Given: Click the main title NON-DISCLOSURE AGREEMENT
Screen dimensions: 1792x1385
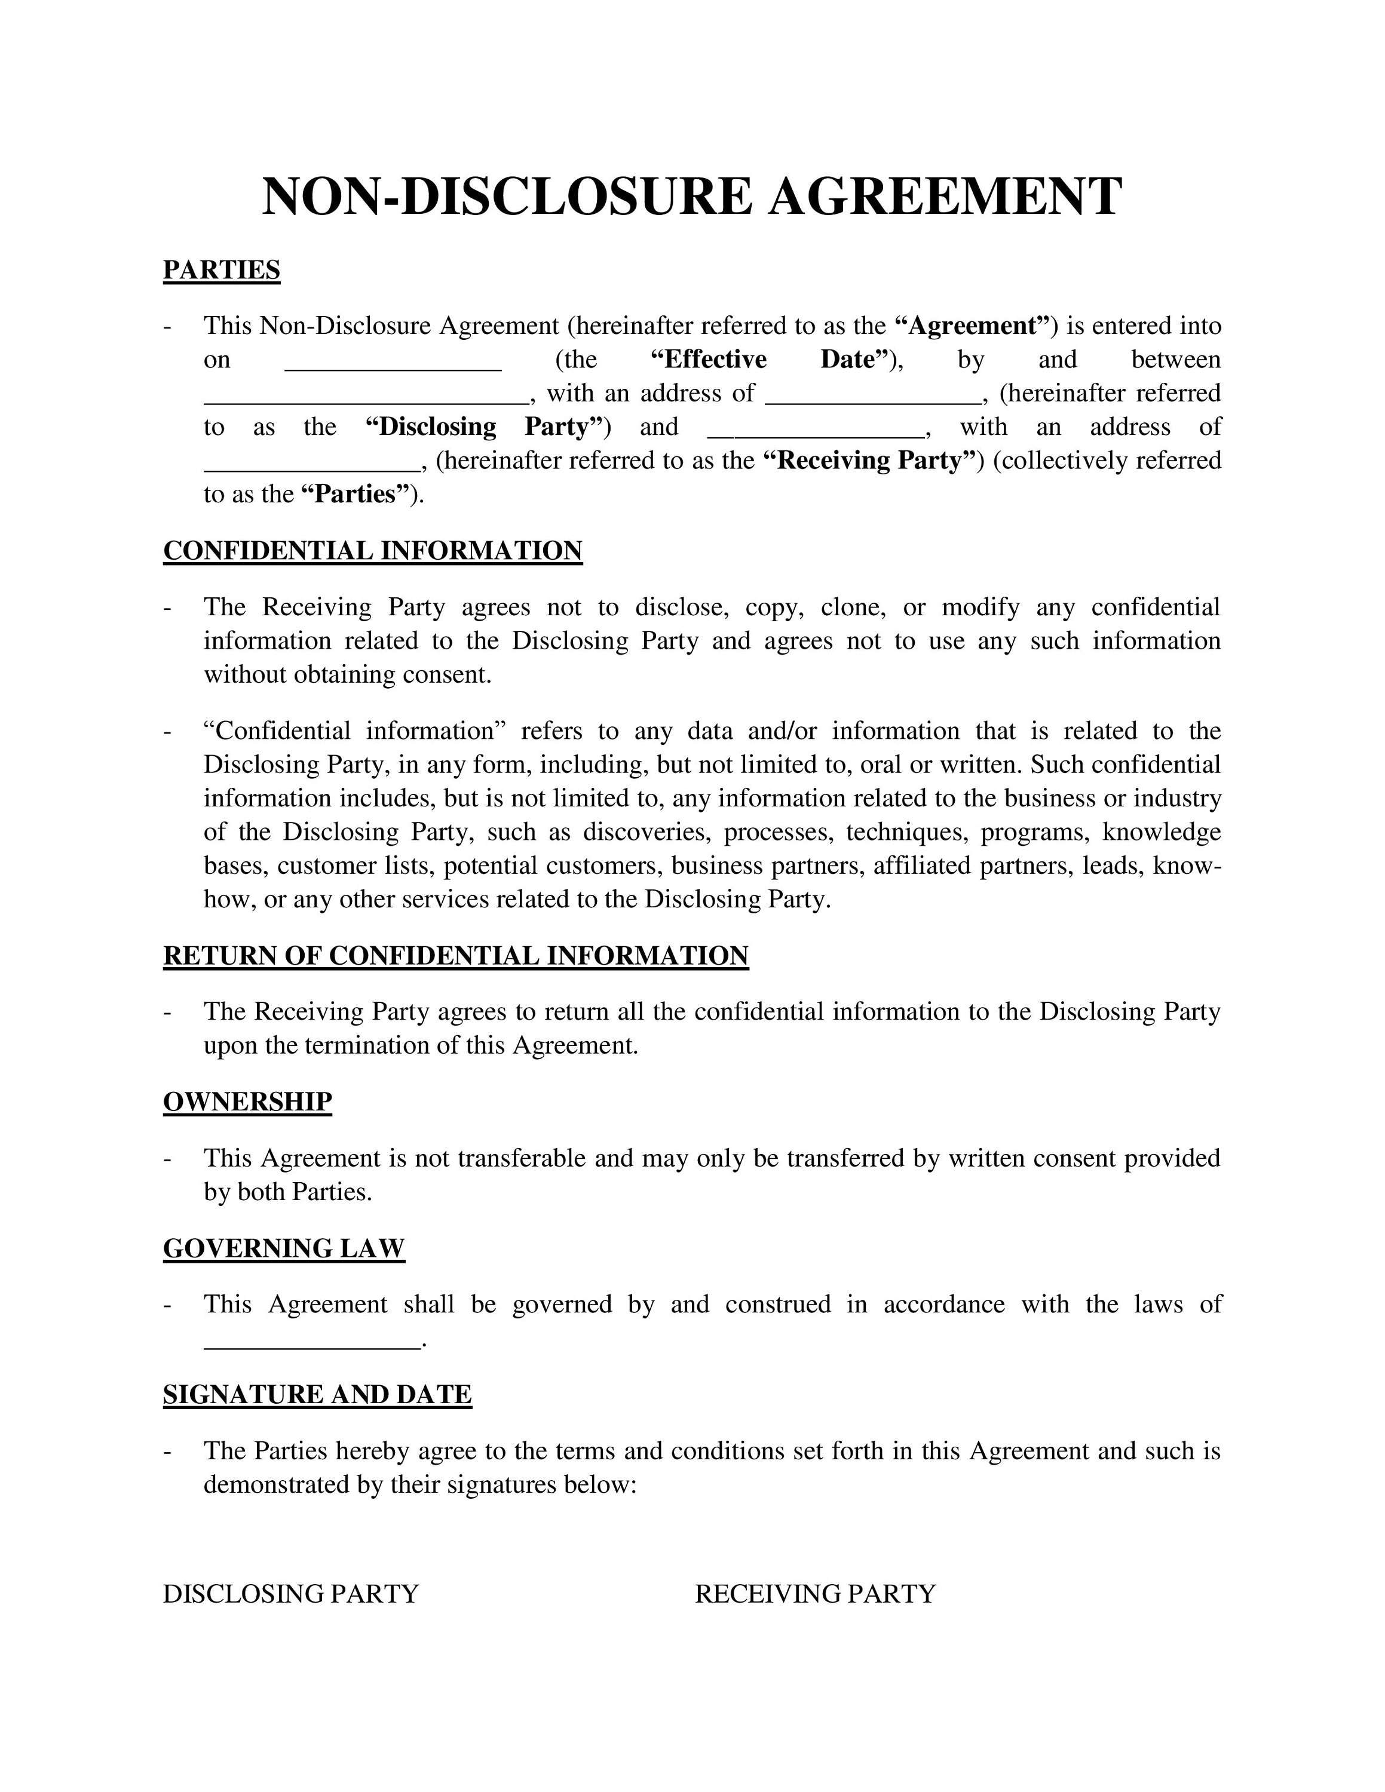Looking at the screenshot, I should (x=692, y=197).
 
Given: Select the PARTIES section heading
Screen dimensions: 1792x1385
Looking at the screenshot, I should (x=222, y=270).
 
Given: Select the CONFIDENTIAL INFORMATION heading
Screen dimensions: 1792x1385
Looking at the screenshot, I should (x=372, y=551).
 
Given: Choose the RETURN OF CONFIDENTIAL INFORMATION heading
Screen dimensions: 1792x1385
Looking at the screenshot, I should (x=455, y=956).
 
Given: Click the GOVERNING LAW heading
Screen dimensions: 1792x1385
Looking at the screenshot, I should (x=284, y=1248).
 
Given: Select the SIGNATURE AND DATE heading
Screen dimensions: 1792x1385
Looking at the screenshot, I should (x=317, y=1395).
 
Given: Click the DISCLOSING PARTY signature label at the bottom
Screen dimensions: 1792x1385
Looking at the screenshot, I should (x=290, y=1594).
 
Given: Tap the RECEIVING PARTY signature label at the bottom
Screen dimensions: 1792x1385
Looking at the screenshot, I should (x=815, y=1594).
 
